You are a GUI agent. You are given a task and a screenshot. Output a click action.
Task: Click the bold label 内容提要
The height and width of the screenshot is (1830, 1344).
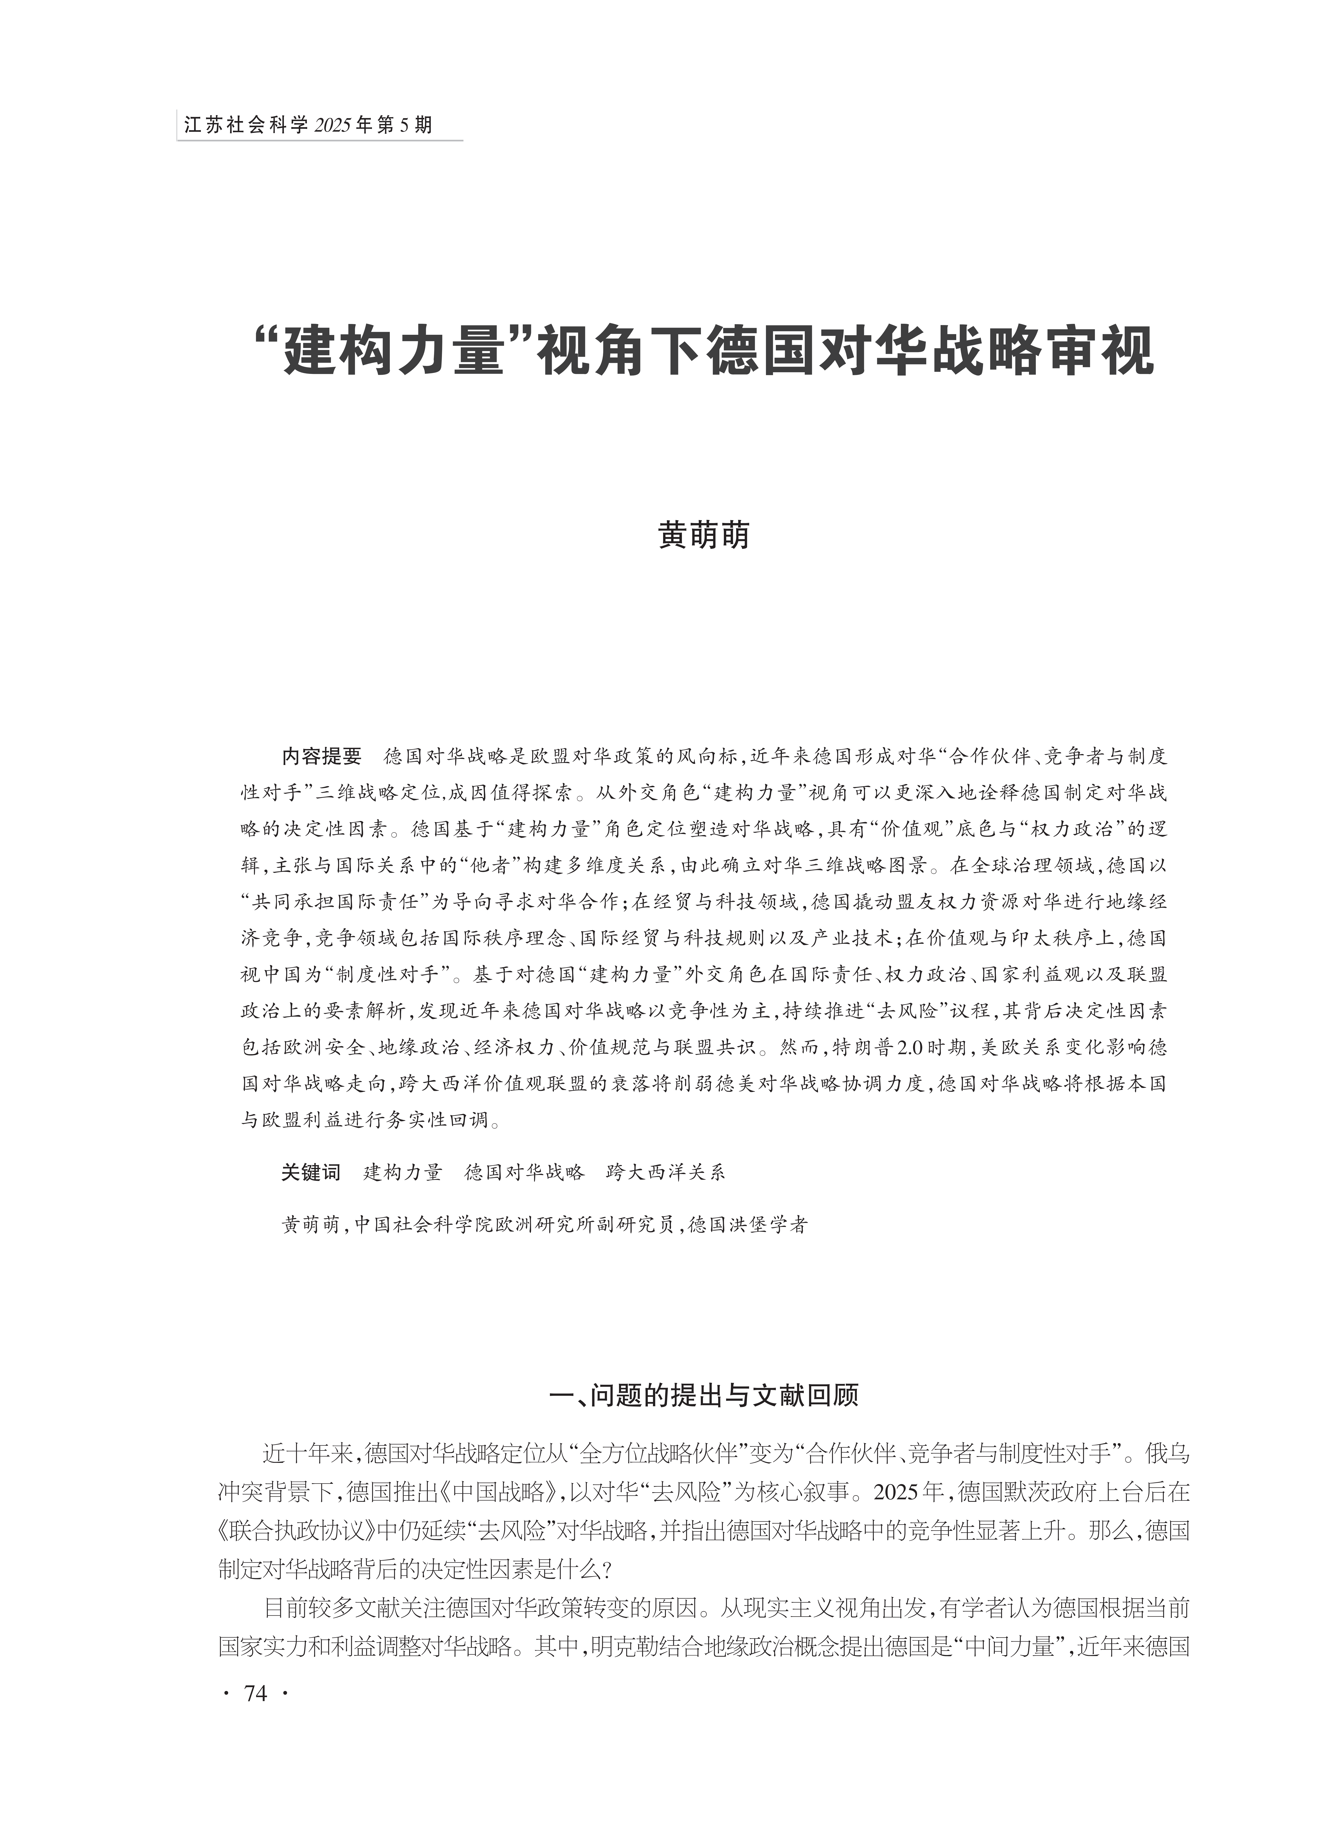[x=321, y=757]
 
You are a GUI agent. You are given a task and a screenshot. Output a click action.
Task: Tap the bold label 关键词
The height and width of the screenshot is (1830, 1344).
[x=311, y=1172]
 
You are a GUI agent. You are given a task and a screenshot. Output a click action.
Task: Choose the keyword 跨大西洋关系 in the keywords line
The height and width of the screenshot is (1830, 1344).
[x=665, y=1172]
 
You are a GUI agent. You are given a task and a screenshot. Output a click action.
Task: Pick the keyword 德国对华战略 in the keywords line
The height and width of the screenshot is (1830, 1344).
[x=525, y=1172]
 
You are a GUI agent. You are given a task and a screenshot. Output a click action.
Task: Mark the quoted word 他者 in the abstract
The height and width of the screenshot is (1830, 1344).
[x=491, y=865]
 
